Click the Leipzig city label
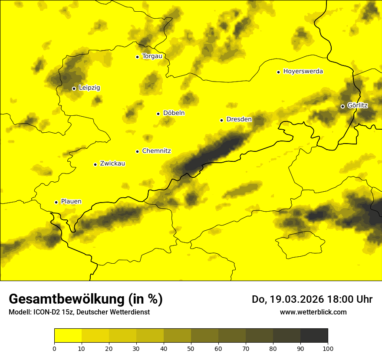[89, 88]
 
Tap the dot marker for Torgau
[138, 57]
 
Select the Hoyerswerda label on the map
[303, 71]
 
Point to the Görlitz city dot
[342, 106]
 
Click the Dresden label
[239, 119]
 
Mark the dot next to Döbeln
[158, 114]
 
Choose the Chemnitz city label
[156, 151]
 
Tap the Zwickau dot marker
[95, 164]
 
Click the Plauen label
[71, 201]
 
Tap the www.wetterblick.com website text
[313, 312]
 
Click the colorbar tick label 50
[191, 348]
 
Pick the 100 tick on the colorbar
[328, 348]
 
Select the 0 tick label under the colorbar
[54, 348]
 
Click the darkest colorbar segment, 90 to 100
[314, 335]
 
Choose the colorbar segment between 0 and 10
[68, 335]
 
